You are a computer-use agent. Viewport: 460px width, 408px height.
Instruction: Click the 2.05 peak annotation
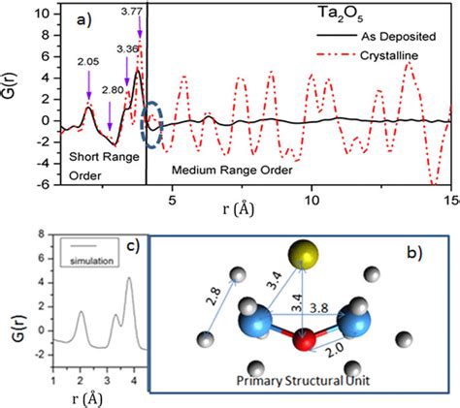(86, 60)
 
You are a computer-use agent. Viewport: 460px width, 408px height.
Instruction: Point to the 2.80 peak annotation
(111, 89)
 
